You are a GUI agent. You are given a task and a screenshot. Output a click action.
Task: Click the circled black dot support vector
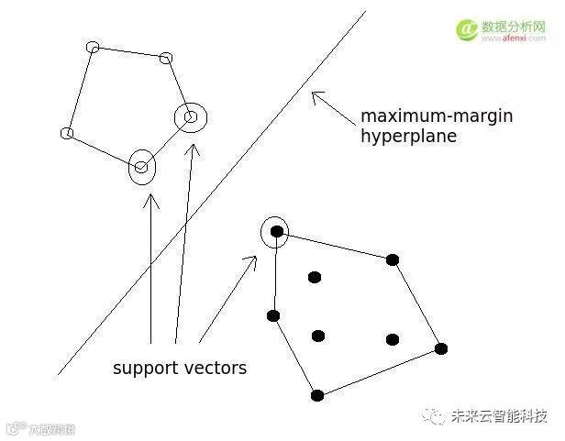pos(276,231)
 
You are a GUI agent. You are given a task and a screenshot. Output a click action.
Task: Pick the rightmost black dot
pos(440,348)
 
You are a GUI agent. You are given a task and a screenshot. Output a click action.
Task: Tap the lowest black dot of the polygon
pos(317,395)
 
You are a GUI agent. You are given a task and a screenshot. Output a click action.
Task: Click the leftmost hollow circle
pos(66,134)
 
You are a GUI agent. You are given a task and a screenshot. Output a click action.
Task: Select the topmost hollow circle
pos(92,47)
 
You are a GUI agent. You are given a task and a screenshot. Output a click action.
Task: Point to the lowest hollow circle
pos(141,167)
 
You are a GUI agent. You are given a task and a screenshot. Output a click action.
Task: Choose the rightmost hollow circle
pos(191,117)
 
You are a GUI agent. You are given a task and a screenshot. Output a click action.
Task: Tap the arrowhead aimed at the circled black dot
pos(252,260)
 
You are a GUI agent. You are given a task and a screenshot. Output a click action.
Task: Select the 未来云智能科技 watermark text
pos(501,416)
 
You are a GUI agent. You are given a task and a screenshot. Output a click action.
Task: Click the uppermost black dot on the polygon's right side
pos(393,259)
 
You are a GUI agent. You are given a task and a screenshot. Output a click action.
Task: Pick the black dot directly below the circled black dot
pos(273,315)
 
